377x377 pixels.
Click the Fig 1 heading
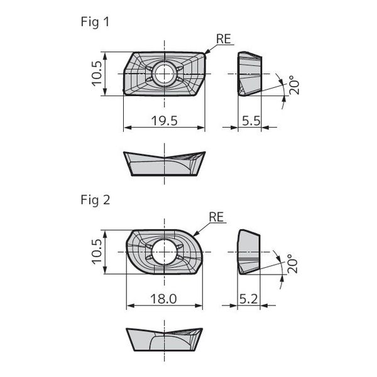[95, 22]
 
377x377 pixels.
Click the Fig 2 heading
[96, 200]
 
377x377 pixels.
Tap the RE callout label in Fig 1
[224, 39]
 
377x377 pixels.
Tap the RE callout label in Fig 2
[216, 217]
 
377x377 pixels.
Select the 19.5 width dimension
[165, 121]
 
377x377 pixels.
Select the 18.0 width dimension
[163, 299]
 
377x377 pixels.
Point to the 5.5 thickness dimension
[251, 121]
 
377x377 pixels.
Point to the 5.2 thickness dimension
[249, 299]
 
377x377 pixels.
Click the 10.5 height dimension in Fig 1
[97, 74]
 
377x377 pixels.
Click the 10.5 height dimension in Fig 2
[97, 252]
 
